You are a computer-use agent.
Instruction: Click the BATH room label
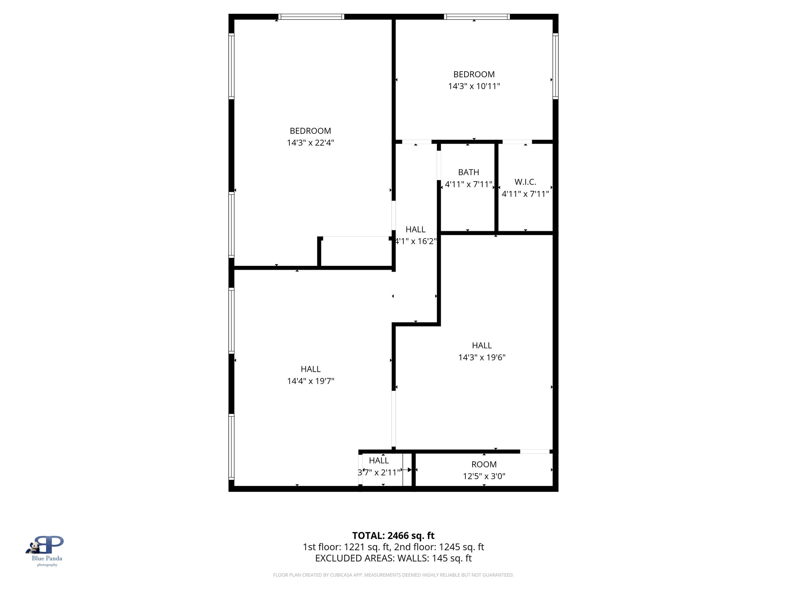point(468,172)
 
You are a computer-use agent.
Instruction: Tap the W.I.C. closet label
point(525,182)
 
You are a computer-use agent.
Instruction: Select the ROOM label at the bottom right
point(484,464)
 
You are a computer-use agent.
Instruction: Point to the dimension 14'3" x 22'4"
point(310,143)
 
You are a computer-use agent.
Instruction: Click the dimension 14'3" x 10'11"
point(474,86)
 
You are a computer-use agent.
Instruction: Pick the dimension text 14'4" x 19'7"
point(310,381)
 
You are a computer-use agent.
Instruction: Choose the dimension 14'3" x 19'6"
point(481,357)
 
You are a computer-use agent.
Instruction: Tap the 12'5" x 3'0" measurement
point(484,476)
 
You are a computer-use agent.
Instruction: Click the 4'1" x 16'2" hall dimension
point(416,241)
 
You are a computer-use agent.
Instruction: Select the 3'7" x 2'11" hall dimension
point(379,472)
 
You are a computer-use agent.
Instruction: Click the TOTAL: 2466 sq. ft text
point(393,536)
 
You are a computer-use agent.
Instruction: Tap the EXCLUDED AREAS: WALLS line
point(393,558)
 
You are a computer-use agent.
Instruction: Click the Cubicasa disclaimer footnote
point(393,575)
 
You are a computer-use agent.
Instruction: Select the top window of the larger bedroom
point(311,17)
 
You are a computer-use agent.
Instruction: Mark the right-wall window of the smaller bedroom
point(555,66)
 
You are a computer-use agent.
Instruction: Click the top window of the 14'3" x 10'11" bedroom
point(477,17)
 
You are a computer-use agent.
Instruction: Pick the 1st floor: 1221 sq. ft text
point(348,547)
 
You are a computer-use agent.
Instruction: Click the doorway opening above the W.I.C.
point(517,142)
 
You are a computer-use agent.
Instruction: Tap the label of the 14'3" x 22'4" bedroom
point(310,131)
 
